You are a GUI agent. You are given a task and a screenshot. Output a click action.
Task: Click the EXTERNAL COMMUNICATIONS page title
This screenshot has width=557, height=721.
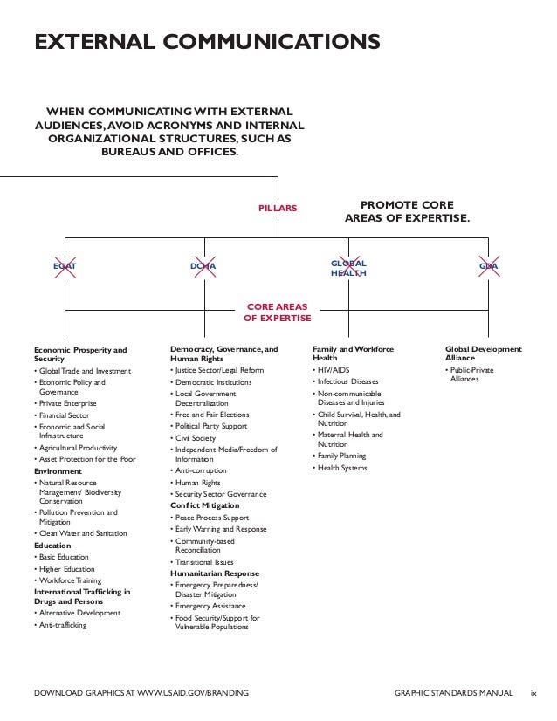tap(205, 42)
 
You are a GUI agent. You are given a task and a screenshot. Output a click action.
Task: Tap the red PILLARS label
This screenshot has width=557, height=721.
tap(278, 209)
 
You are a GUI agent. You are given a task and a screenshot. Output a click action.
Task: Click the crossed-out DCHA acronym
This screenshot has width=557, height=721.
tap(204, 265)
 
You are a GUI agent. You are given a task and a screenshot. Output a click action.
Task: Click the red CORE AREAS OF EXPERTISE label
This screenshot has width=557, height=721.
tap(278, 313)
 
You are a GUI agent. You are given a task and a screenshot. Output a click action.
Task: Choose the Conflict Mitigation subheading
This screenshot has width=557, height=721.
tap(206, 505)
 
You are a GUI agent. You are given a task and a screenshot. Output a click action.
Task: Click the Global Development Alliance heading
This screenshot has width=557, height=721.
tap(483, 354)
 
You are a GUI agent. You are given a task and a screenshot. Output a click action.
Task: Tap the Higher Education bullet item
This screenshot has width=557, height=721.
tap(66, 569)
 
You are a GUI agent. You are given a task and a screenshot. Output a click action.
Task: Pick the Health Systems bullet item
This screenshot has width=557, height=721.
tap(341, 469)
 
